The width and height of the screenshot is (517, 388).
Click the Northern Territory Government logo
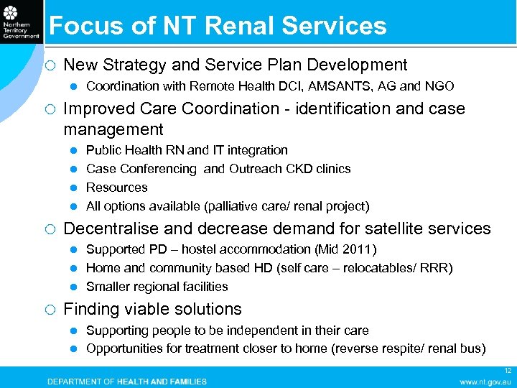pos(21,24)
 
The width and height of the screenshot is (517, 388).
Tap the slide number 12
pos(508,371)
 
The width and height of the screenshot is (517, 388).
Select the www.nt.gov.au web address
pos(485,382)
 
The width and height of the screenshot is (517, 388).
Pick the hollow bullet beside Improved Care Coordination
pos(50,109)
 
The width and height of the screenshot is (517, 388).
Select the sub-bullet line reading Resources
pos(116,188)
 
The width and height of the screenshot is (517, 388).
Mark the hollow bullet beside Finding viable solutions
pos(50,310)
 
